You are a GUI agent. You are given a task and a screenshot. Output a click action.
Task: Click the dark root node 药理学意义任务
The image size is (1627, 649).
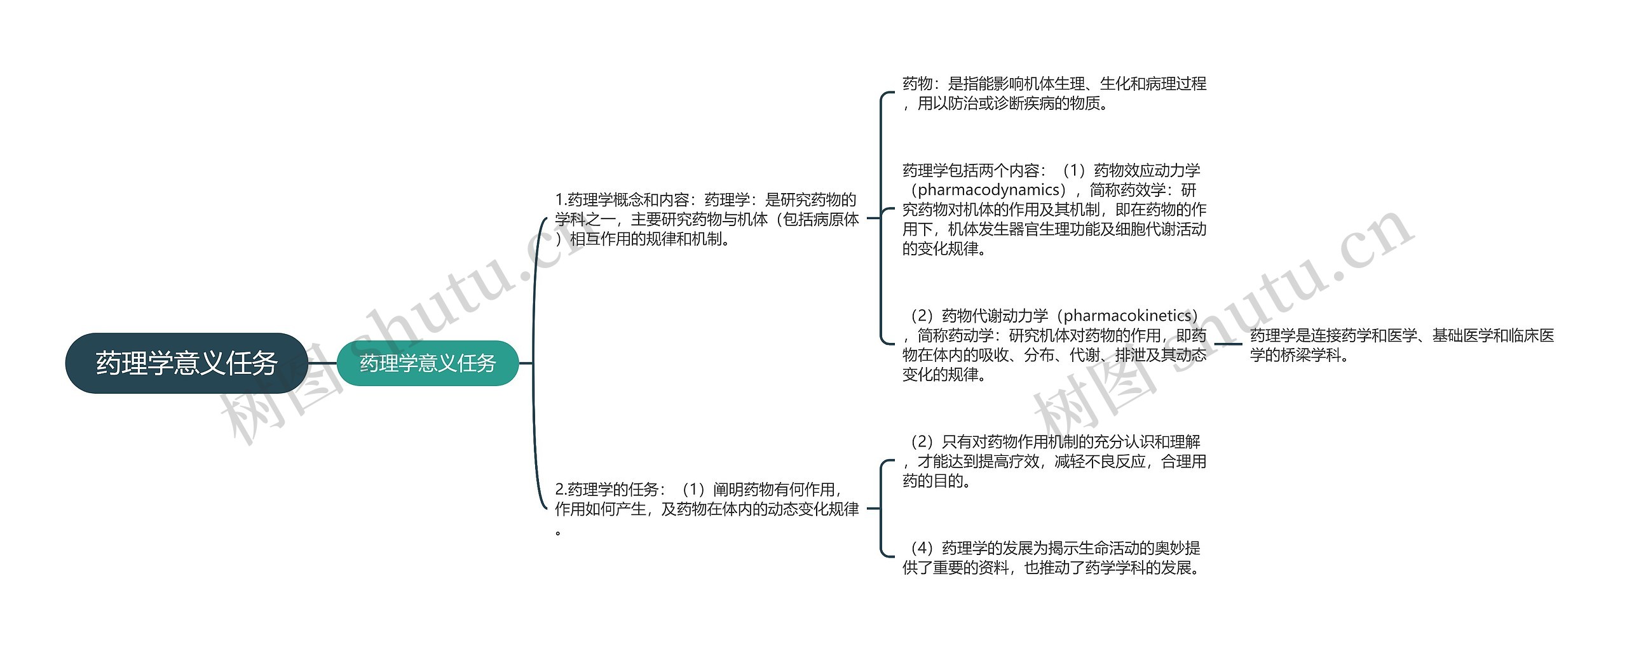187,363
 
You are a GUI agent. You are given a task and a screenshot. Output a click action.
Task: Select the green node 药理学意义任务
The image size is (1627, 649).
428,363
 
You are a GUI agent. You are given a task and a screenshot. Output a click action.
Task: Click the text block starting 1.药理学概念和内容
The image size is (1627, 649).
707,219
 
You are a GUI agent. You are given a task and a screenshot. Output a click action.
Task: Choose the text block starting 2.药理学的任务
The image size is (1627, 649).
707,509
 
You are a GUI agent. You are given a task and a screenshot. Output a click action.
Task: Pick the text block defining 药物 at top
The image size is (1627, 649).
1054,93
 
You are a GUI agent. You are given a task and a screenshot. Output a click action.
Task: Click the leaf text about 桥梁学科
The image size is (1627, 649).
1402,345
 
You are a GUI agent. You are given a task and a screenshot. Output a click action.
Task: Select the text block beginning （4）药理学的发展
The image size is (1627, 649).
1054,558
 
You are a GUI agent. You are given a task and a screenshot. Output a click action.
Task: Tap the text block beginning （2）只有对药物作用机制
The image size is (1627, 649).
1054,461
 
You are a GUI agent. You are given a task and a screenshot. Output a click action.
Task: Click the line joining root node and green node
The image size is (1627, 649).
322,363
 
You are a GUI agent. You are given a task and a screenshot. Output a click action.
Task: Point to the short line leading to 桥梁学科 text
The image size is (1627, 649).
1228,345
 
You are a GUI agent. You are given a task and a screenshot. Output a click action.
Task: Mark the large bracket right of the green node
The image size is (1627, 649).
534,363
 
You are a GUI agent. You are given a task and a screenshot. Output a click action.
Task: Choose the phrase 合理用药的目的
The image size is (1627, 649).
1054,471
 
